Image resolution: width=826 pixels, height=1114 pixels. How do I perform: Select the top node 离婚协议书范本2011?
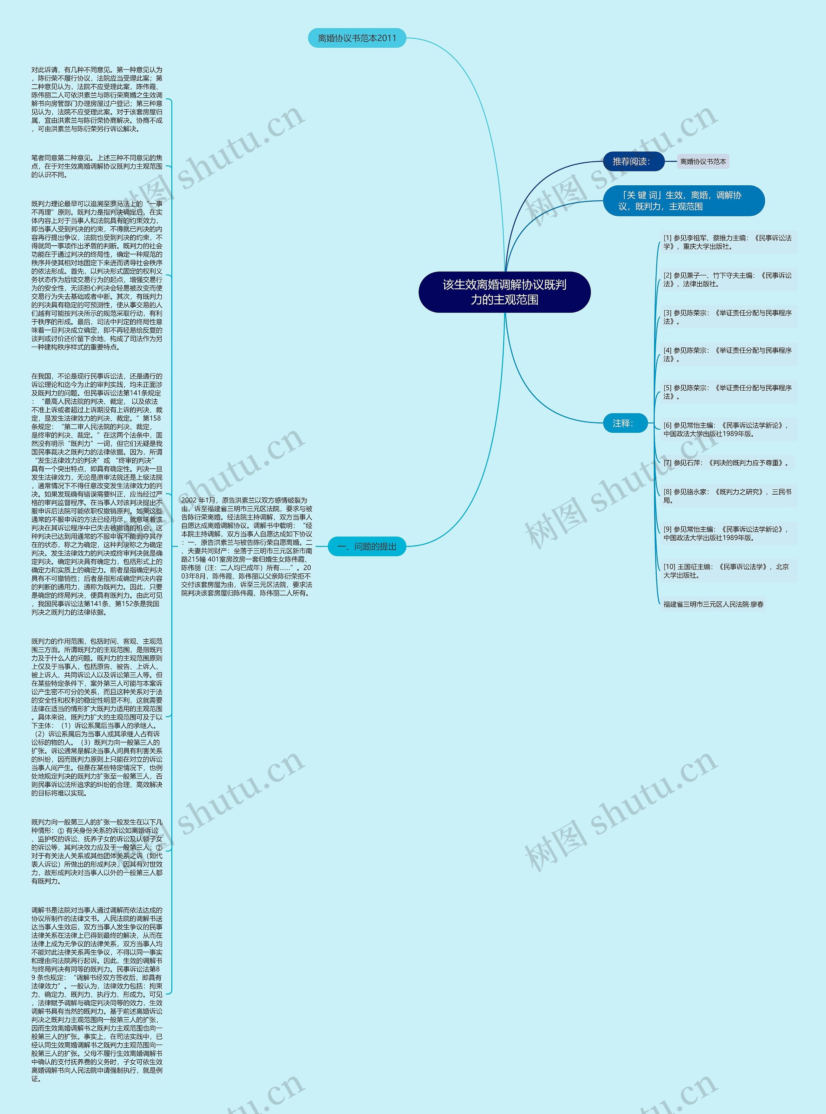[357, 38]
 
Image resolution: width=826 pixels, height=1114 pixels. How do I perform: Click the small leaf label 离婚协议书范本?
[703, 162]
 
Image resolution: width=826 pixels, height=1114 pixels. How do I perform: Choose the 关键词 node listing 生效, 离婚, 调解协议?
[683, 200]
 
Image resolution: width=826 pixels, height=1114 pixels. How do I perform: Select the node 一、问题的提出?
[367, 546]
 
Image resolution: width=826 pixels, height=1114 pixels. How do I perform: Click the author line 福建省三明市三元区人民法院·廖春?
[713, 604]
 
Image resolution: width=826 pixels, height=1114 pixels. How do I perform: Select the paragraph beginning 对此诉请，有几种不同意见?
[97, 99]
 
